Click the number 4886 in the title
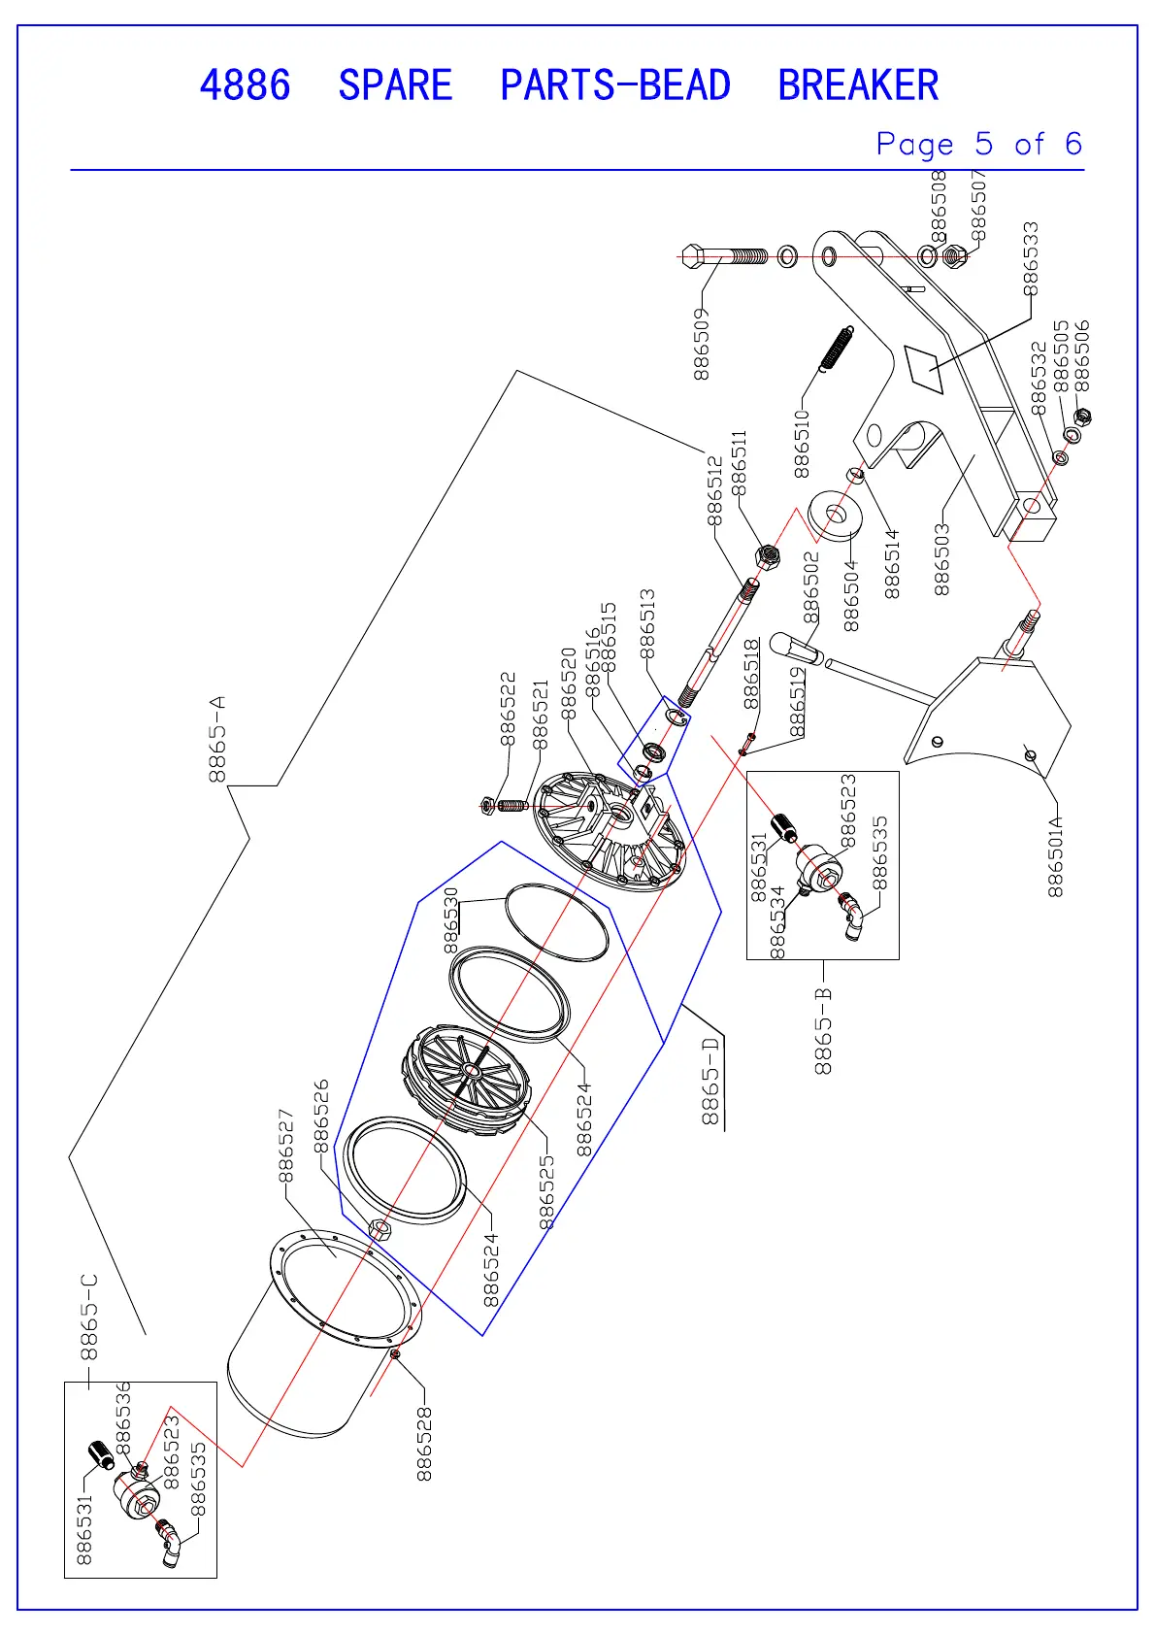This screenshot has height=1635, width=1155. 245,85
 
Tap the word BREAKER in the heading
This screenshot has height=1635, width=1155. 858,85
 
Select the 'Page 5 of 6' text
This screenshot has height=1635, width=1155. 978,145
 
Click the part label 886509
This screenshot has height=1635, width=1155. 702,344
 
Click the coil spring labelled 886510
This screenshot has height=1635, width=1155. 837,348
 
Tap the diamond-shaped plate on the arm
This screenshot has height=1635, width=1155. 925,368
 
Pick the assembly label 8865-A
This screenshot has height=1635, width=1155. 217,738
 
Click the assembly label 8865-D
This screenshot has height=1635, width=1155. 711,1081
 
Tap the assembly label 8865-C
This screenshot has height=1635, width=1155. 88,1317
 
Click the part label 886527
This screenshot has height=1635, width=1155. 285,1146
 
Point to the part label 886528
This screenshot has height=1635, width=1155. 424,1445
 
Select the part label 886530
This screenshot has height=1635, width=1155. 451,920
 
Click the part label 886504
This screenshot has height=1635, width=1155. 851,595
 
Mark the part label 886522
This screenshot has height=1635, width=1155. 508,709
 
